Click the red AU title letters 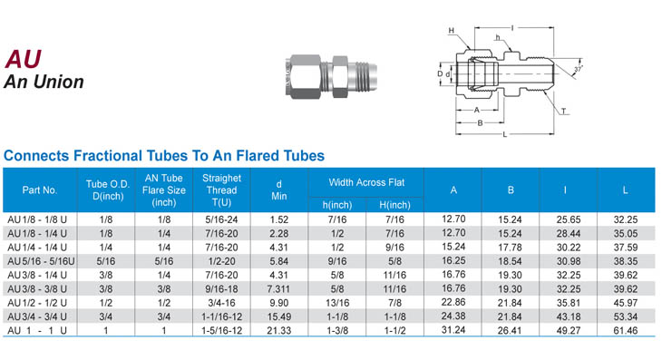coord(24,59)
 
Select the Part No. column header coord(40,190)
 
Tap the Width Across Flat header coord(366,182)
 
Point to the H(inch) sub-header coord(394,205)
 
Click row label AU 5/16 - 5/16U coord(41,261)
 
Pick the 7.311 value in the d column coord(278,289)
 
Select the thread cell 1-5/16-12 coord(221,330)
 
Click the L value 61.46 coord(625,330)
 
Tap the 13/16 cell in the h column coord(337,303)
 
